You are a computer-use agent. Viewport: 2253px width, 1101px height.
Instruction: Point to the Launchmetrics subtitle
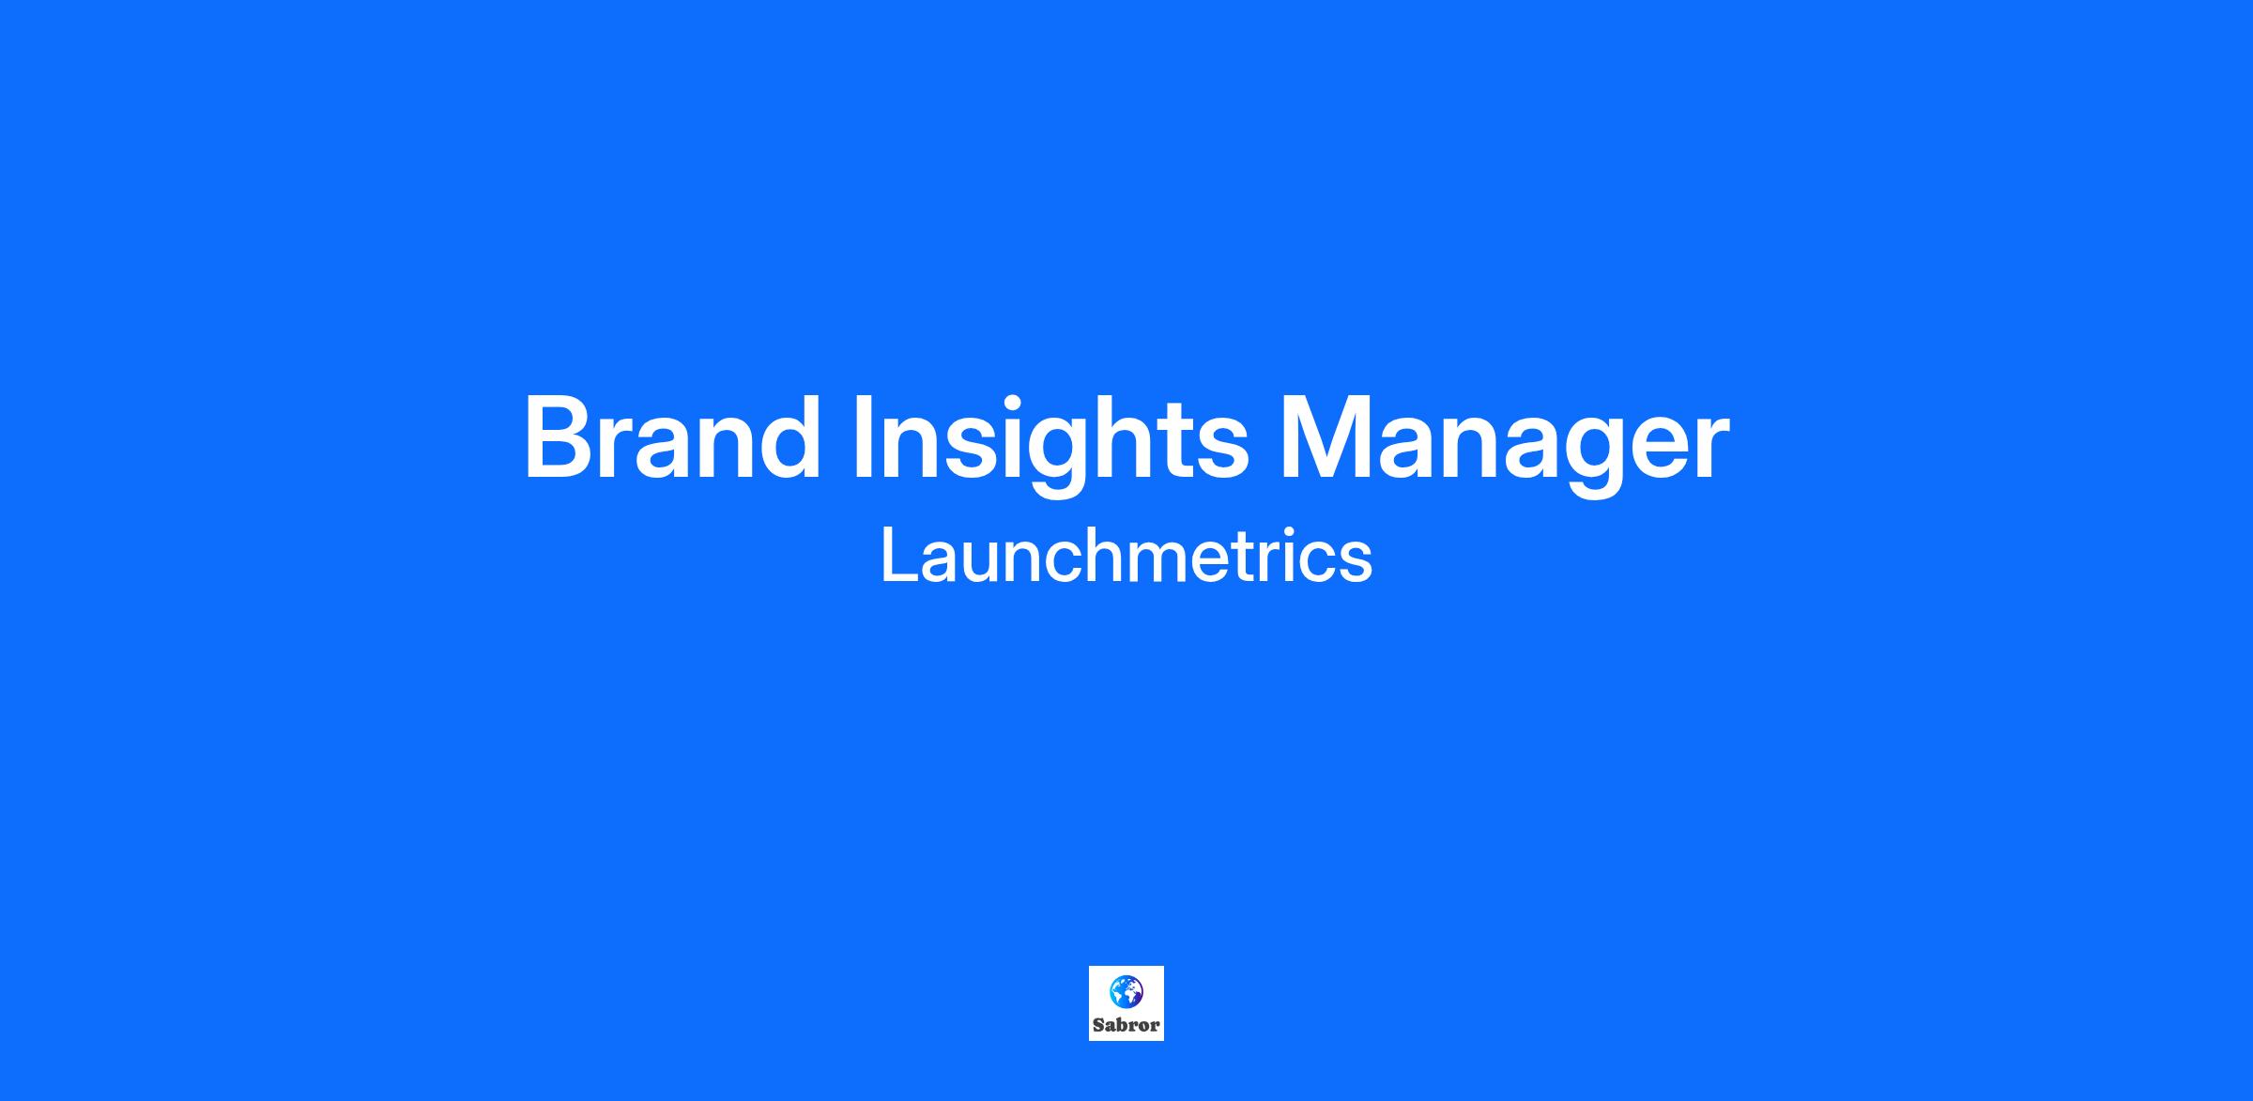(1126, 556)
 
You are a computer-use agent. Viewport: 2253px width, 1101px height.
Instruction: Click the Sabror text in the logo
(1126, 1025)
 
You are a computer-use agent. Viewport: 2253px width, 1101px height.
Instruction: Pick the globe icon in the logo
(1126, 991)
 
